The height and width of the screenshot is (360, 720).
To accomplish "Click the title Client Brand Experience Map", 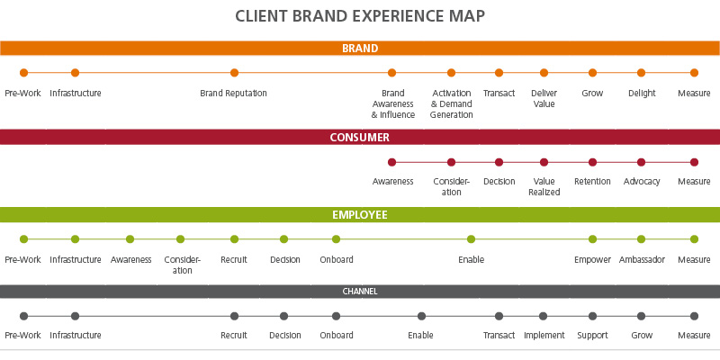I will click(x=360, y=16).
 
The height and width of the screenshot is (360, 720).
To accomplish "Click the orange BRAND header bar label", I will click(x=360, y=49).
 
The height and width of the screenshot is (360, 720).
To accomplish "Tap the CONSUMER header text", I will click(x=360, y=138).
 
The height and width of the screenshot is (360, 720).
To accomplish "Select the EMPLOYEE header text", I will click(x=360, y=215).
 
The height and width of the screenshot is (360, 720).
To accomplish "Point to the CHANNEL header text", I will click(x=360, y=292).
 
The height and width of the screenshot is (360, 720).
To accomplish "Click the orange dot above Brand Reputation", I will click(x=234, y=73).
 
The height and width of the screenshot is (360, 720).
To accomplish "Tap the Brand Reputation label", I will click(x=233, y=93).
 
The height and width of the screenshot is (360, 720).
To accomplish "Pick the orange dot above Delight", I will click(x=642, y=73).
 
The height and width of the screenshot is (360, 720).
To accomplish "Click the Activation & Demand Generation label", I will click(x=451, y=103).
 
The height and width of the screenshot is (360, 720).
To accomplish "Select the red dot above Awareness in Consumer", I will click(x=391, y=163).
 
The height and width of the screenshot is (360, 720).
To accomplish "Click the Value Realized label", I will click(x=544, y=186).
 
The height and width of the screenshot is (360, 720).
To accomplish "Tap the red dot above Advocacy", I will click(x=641, y=163).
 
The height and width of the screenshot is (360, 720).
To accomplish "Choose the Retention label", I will click(x=592, y=181).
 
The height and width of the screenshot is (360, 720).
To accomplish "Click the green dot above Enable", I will click(x=471, y=239).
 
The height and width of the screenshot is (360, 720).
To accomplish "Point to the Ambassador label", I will click(x=642, y=259).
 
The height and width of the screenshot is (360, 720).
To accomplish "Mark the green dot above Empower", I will click(x=592, y=239).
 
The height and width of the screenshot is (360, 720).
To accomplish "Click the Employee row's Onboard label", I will click(x=337, y=259).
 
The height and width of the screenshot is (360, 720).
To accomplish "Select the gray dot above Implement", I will click(x=544, y=316).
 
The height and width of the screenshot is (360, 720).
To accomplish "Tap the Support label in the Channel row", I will click(x=592, y=336).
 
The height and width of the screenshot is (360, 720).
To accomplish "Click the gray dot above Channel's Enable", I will click(x=421, y=316).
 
